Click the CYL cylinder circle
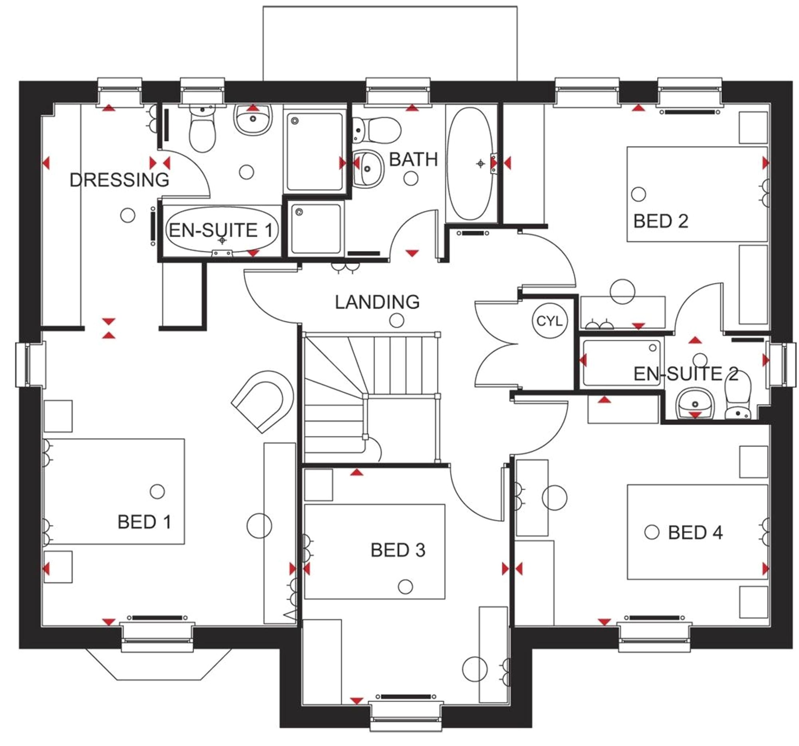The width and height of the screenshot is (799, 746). tap(549, 321)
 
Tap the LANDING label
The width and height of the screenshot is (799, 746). tap(377, 302)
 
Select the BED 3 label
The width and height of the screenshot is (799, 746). tap(398, 550)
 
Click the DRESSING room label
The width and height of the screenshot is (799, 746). tap(119, 180)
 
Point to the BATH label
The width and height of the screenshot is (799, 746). tap(413, 159)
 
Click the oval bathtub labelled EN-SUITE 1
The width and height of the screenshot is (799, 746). tap(222, 230)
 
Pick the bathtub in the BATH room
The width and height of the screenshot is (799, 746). tap(470, 163)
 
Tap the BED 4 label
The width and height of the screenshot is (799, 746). tap(695, 533)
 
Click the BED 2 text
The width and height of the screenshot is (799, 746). tap(660, 221)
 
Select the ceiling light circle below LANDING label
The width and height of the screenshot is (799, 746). tap(397, 321)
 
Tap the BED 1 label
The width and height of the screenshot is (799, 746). tap(144, 522)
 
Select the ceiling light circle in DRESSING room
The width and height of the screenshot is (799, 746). tap(127, 216)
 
